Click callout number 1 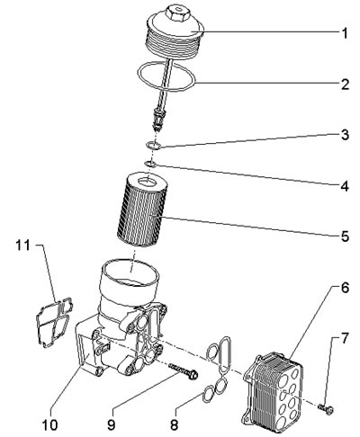click(x=346, y=33)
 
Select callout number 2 click(x=345, y=85)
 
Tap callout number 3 click(x=345, y=135)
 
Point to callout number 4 click(x=345, y=186)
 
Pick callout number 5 click(x=345, y=236)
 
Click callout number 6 click(x=345, y=288)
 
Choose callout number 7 click(x=345, y=339)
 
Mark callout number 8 click(x=174, y=424)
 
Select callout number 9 click(x=112, y=424)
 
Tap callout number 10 click(x=49, y=424)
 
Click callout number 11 click(x=23, y=245)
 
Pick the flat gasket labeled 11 click(x=54, y=322)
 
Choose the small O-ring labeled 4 click(x=149, y=164)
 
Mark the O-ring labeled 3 click(x=153, y=146)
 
